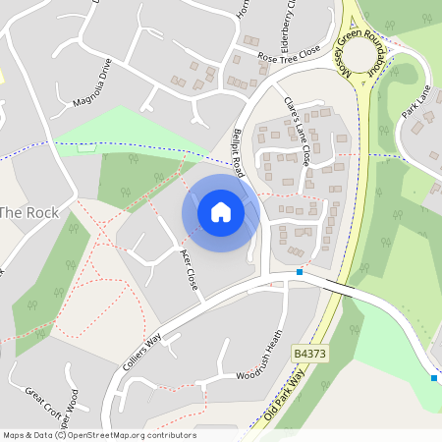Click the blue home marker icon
pyautogui.click(x=221, y=212)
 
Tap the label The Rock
pyautogui.click(x=28, y=212)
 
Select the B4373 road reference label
pyautogui.click(x=307, y=350)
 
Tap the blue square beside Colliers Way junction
pyautogui.click(x=300, y=271)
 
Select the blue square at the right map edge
pyautogui.click(x=433, y=377)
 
